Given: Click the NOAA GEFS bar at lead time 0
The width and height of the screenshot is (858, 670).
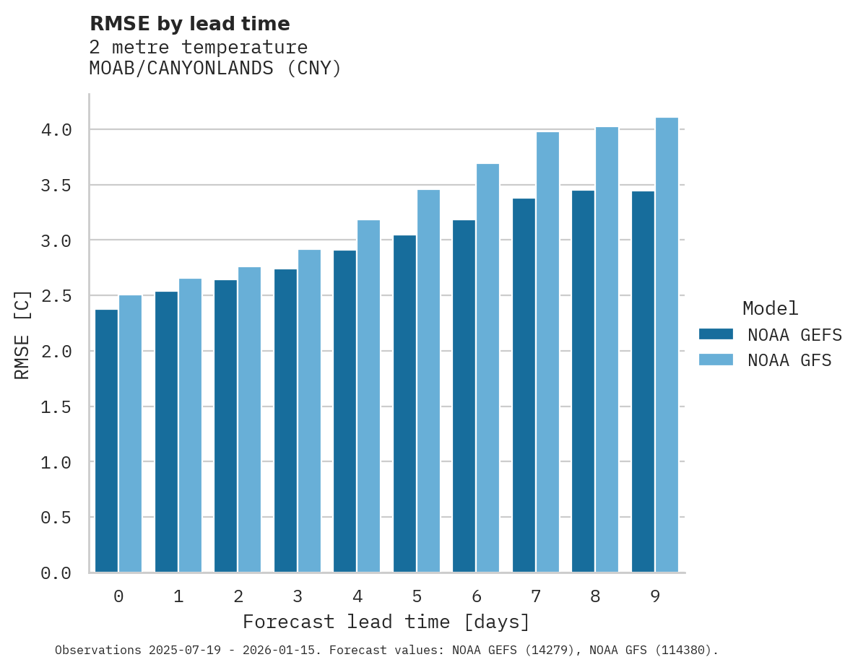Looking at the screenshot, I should tap(106, 440).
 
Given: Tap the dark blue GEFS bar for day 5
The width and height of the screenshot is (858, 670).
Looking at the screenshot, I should tap(404, 404).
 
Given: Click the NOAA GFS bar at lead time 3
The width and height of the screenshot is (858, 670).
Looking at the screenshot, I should tap(309, 412).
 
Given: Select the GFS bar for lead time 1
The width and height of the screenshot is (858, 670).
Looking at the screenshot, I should tap(190, 426).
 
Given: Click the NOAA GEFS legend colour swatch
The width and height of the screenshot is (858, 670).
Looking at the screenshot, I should tap(716, 334).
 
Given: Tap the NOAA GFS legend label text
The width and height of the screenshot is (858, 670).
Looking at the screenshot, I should tap(789, 360).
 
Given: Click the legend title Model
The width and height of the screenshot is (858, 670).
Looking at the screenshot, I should tap(770, 308).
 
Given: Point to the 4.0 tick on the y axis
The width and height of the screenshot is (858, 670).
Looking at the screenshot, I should tap(56, 130).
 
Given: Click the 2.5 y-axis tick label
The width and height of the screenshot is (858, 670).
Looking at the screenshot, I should tap(56, 296).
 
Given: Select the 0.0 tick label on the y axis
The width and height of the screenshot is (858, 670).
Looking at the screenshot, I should tap(56, 573).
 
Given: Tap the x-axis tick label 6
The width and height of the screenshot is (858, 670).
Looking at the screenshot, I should tap(477, 596).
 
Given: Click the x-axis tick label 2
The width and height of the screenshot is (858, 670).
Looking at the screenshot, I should tap(238, 596).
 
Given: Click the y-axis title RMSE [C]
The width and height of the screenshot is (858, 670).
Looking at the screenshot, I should tap(22, 334).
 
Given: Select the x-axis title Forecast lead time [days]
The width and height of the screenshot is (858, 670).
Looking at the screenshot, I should tap(386, 622).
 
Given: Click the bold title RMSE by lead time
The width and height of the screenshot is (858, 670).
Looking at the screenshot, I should tap(189, 24).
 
